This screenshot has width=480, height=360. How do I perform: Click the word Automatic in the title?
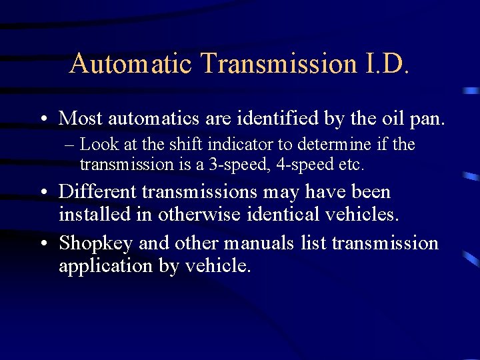pyautogui.click(x=130, y=63)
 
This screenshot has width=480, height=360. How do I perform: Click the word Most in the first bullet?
pyautogui.click(x=81, y=118)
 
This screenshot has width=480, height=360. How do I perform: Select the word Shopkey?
pyautogui.click(x=97, y=244)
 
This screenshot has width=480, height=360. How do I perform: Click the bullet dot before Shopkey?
pyautogui.click(x=43, y=244)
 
